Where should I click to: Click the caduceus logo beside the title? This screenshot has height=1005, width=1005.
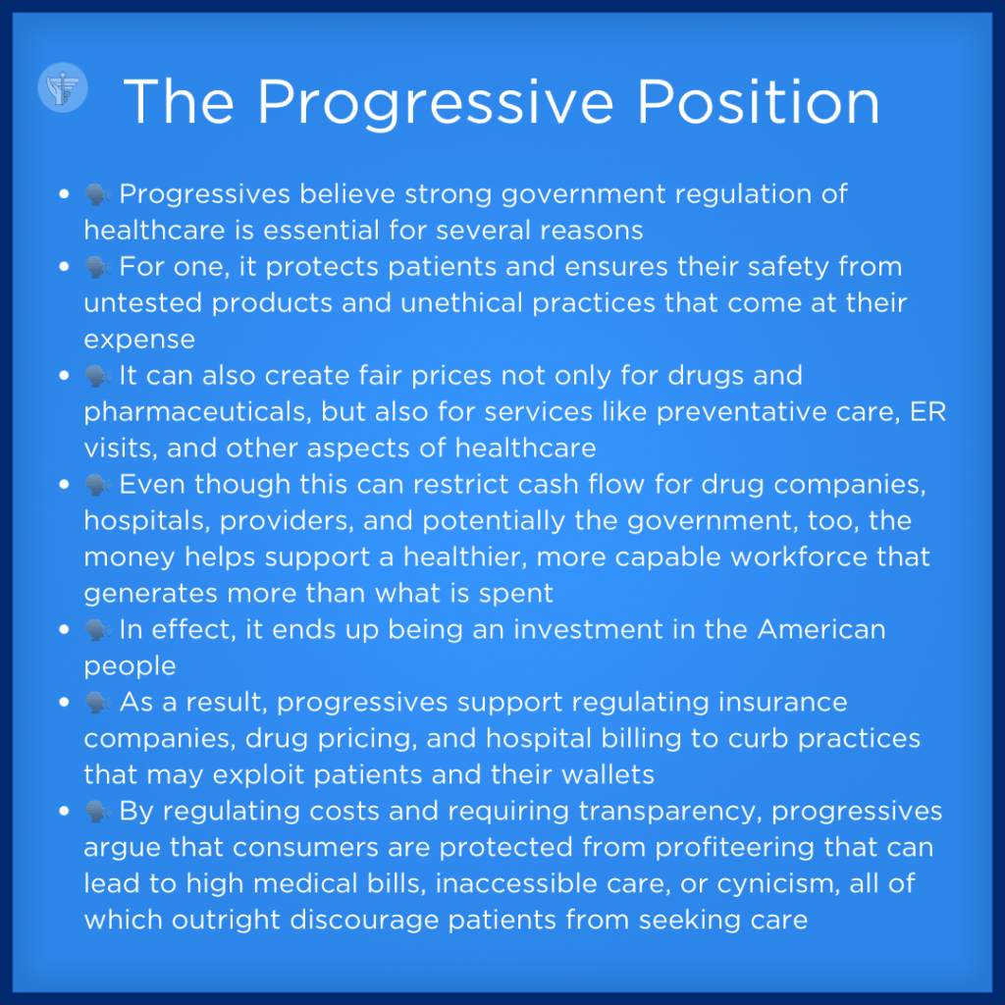click(x=63, y=87)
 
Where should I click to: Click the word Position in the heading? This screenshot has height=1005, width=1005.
click(x=759, y=102)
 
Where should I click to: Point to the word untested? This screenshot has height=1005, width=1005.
click(x=143, y=302)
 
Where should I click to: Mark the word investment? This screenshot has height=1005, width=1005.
click(x=589, y=629)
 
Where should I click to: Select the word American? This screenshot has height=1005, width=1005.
click(x=821, y=629)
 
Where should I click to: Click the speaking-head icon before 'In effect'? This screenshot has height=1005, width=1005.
click(x=97, y=630)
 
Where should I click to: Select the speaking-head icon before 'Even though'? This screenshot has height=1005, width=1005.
click(x=97, y=485)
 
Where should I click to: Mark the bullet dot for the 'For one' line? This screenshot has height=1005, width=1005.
click(x=64, y=267)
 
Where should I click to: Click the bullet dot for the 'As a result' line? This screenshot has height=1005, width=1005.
click(x=64, y=703)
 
